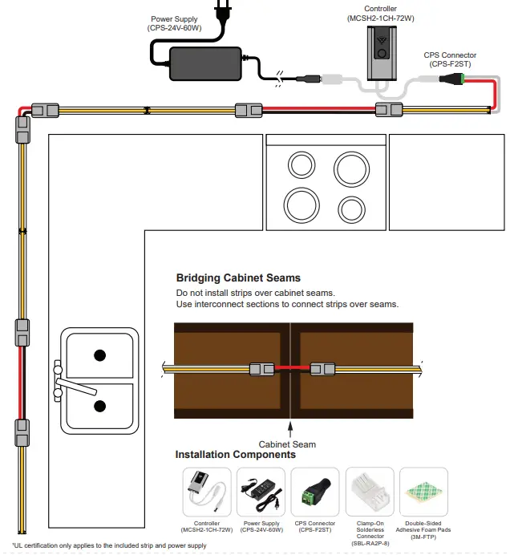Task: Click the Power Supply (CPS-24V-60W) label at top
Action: [x=174, y=23]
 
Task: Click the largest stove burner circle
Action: [x=352, y=169]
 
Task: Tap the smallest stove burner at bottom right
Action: [x=352, y=209]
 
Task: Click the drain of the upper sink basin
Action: [x=100, y=354]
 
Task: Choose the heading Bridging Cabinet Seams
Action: [x=238, y=278]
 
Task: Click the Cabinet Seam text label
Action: [x=287, y=444]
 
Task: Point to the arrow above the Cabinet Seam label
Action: [x=290, y=427]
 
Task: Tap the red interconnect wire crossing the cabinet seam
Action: [x=290, y=369]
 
